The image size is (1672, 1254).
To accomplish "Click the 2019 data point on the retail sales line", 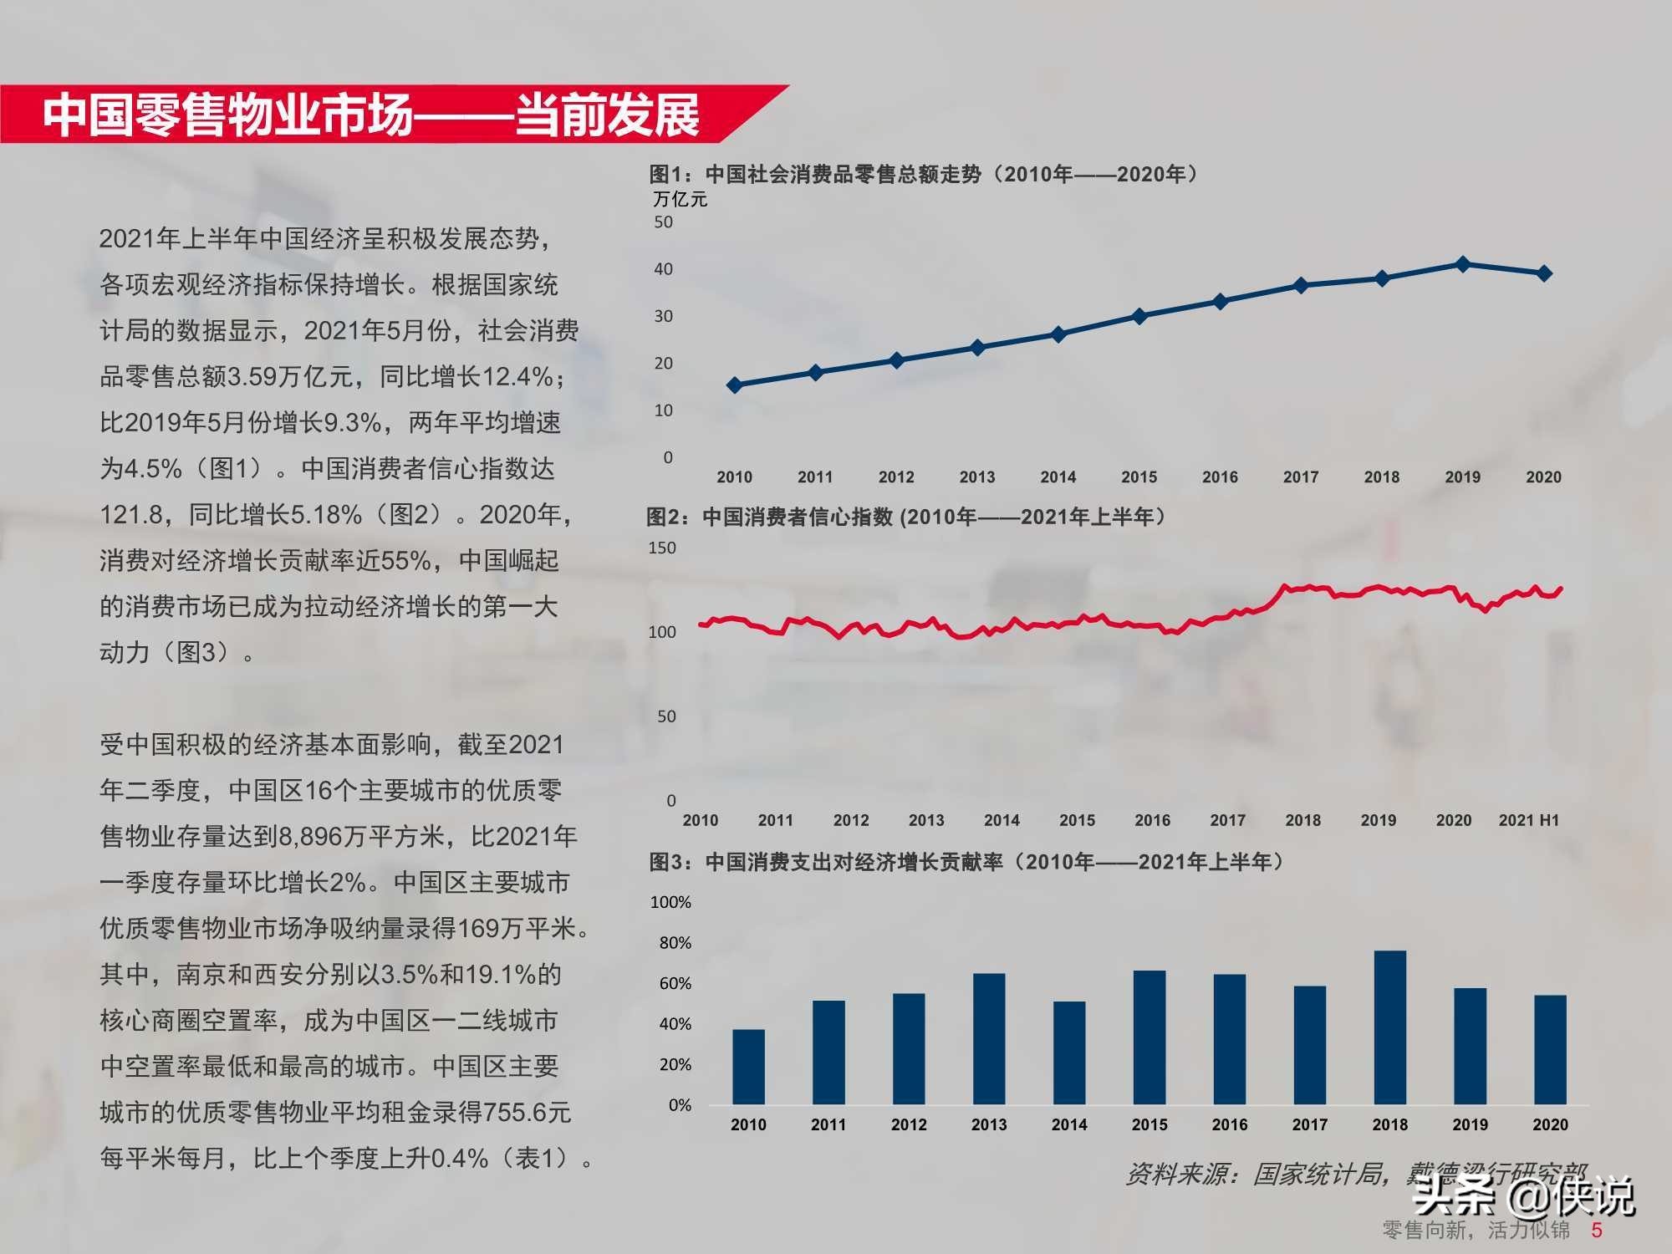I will click(1463, 264).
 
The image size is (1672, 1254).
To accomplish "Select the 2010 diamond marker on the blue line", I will click(735, 385).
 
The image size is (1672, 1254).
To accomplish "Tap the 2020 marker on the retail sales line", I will click(1544, 273).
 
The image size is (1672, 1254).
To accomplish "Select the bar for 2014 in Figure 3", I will click(1069, 1053).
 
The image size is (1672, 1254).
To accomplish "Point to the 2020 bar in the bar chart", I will click(1550, 1049).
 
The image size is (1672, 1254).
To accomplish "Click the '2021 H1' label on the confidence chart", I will click(1529, 820).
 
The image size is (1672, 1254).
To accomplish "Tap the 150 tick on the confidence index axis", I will click(662, 548).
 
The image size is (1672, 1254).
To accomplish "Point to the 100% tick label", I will click(670, 902).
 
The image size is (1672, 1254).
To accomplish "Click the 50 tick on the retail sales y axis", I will click(663, 222).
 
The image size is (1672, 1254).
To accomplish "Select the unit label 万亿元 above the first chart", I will click(680, 199).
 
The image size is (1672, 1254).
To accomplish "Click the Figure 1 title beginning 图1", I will click(924, 174).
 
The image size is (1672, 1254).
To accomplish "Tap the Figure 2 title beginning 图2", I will click(906, 517).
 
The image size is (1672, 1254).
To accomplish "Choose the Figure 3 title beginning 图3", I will click(966, 861).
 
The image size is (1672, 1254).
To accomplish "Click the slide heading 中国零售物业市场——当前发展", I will click(371, 115).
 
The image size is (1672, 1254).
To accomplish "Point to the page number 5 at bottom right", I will click(1597, 1230).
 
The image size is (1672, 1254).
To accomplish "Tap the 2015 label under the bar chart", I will click(1149, 1124).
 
